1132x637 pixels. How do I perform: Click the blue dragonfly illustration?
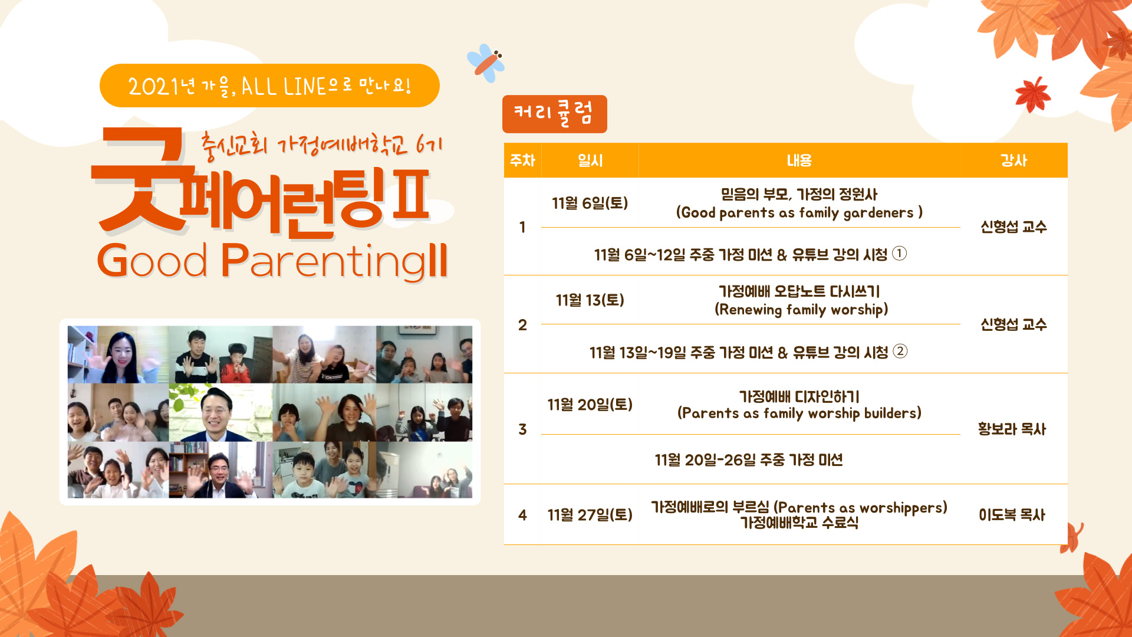click(486, 63)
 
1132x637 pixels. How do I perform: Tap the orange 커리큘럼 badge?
click(554, 114)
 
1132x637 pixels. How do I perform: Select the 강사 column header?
click(1013, 160)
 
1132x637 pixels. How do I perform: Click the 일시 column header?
click(590, 160)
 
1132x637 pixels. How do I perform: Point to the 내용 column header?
click(799, 160)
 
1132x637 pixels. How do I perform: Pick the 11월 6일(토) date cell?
click(590, 203)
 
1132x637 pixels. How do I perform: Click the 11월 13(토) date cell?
click(590, 300)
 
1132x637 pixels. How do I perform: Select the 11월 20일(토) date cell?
click(590, 405)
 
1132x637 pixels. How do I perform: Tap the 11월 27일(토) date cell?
click(590, 515)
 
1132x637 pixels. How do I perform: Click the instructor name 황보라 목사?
click(1012, 429)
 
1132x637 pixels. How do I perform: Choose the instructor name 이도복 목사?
click(1012, 515)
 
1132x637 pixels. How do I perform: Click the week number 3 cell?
click(522, 429)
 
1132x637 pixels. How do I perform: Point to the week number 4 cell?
click(522, 515)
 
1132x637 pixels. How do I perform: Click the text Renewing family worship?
click(801, 310)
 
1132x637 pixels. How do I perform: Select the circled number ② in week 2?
click(900, 351)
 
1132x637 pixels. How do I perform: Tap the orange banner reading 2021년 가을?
click(269, 86)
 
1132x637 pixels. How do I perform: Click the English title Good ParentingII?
click(272, 260)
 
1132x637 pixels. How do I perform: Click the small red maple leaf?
click(1032, 94)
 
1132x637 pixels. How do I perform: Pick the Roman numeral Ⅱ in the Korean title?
click(410, 195)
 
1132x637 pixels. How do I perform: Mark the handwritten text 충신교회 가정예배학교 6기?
click(321, 145)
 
